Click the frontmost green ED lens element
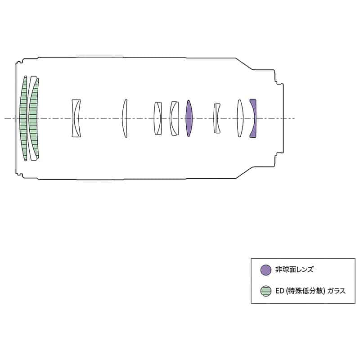pos(23,118)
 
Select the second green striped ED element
pos(33,118)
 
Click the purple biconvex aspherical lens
pos(189,118)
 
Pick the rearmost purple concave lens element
pos(253,118)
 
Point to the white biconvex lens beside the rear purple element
pos(240,118)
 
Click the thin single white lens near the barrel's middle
pos(125,118)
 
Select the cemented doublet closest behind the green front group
pos(76,118)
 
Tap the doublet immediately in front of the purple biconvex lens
pos(174,118)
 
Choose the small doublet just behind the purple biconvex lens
pos(217,118)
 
